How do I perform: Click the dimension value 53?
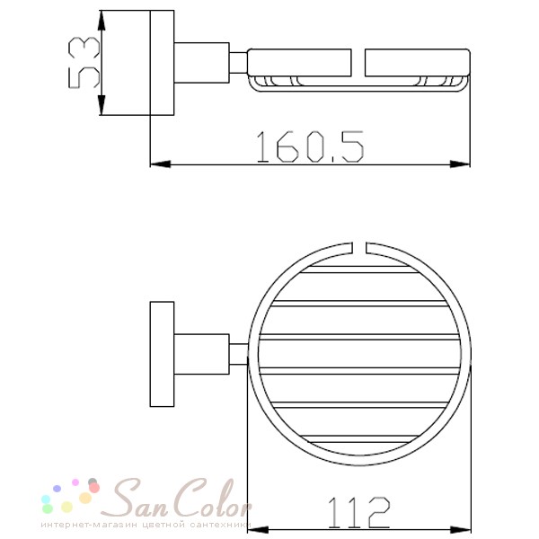tap(84, 63)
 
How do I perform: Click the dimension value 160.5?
tap(310, 146)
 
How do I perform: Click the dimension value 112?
tap(359, 513)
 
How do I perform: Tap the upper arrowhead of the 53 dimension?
tap(101, 22)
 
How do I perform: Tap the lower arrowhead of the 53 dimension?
tap(101, 104)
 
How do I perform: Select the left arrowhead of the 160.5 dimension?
tap(161, 164)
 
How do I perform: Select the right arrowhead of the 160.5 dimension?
tap(460, 164)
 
